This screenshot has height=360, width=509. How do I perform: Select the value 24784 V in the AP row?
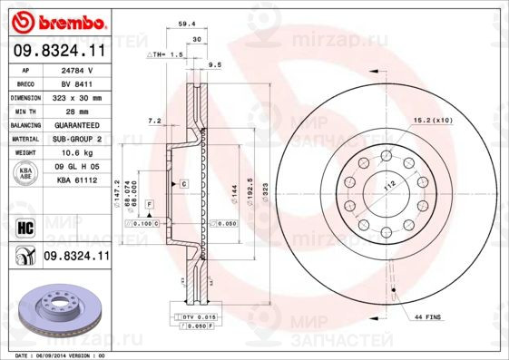(x=78, y=70)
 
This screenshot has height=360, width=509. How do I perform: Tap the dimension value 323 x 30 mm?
(x=78, y=96)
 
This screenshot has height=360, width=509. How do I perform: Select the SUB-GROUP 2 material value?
(x=78, y=139)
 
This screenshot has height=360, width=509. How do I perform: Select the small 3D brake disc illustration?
(x=55, y=308)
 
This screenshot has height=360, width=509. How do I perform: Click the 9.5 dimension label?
(x=215, y=65)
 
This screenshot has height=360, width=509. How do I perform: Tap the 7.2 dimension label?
(x=153, y=120)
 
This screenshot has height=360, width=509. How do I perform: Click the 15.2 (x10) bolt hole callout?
(x=434, y=120)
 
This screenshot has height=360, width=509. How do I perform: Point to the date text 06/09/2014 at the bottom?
(x=65, y=355)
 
